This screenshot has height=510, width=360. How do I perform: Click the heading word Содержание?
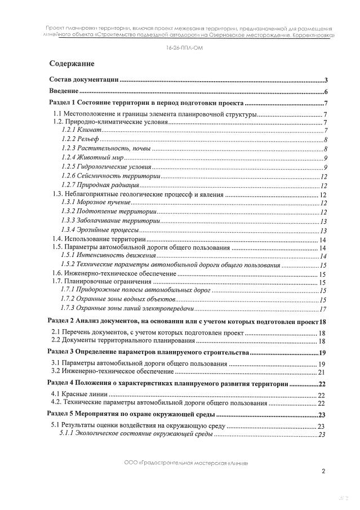tap(72, 63)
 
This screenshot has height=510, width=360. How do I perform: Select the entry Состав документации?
tap(83, 80)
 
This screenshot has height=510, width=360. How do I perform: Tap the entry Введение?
tap(64, 92)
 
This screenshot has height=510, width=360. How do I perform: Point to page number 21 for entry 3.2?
tap(322, 372)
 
